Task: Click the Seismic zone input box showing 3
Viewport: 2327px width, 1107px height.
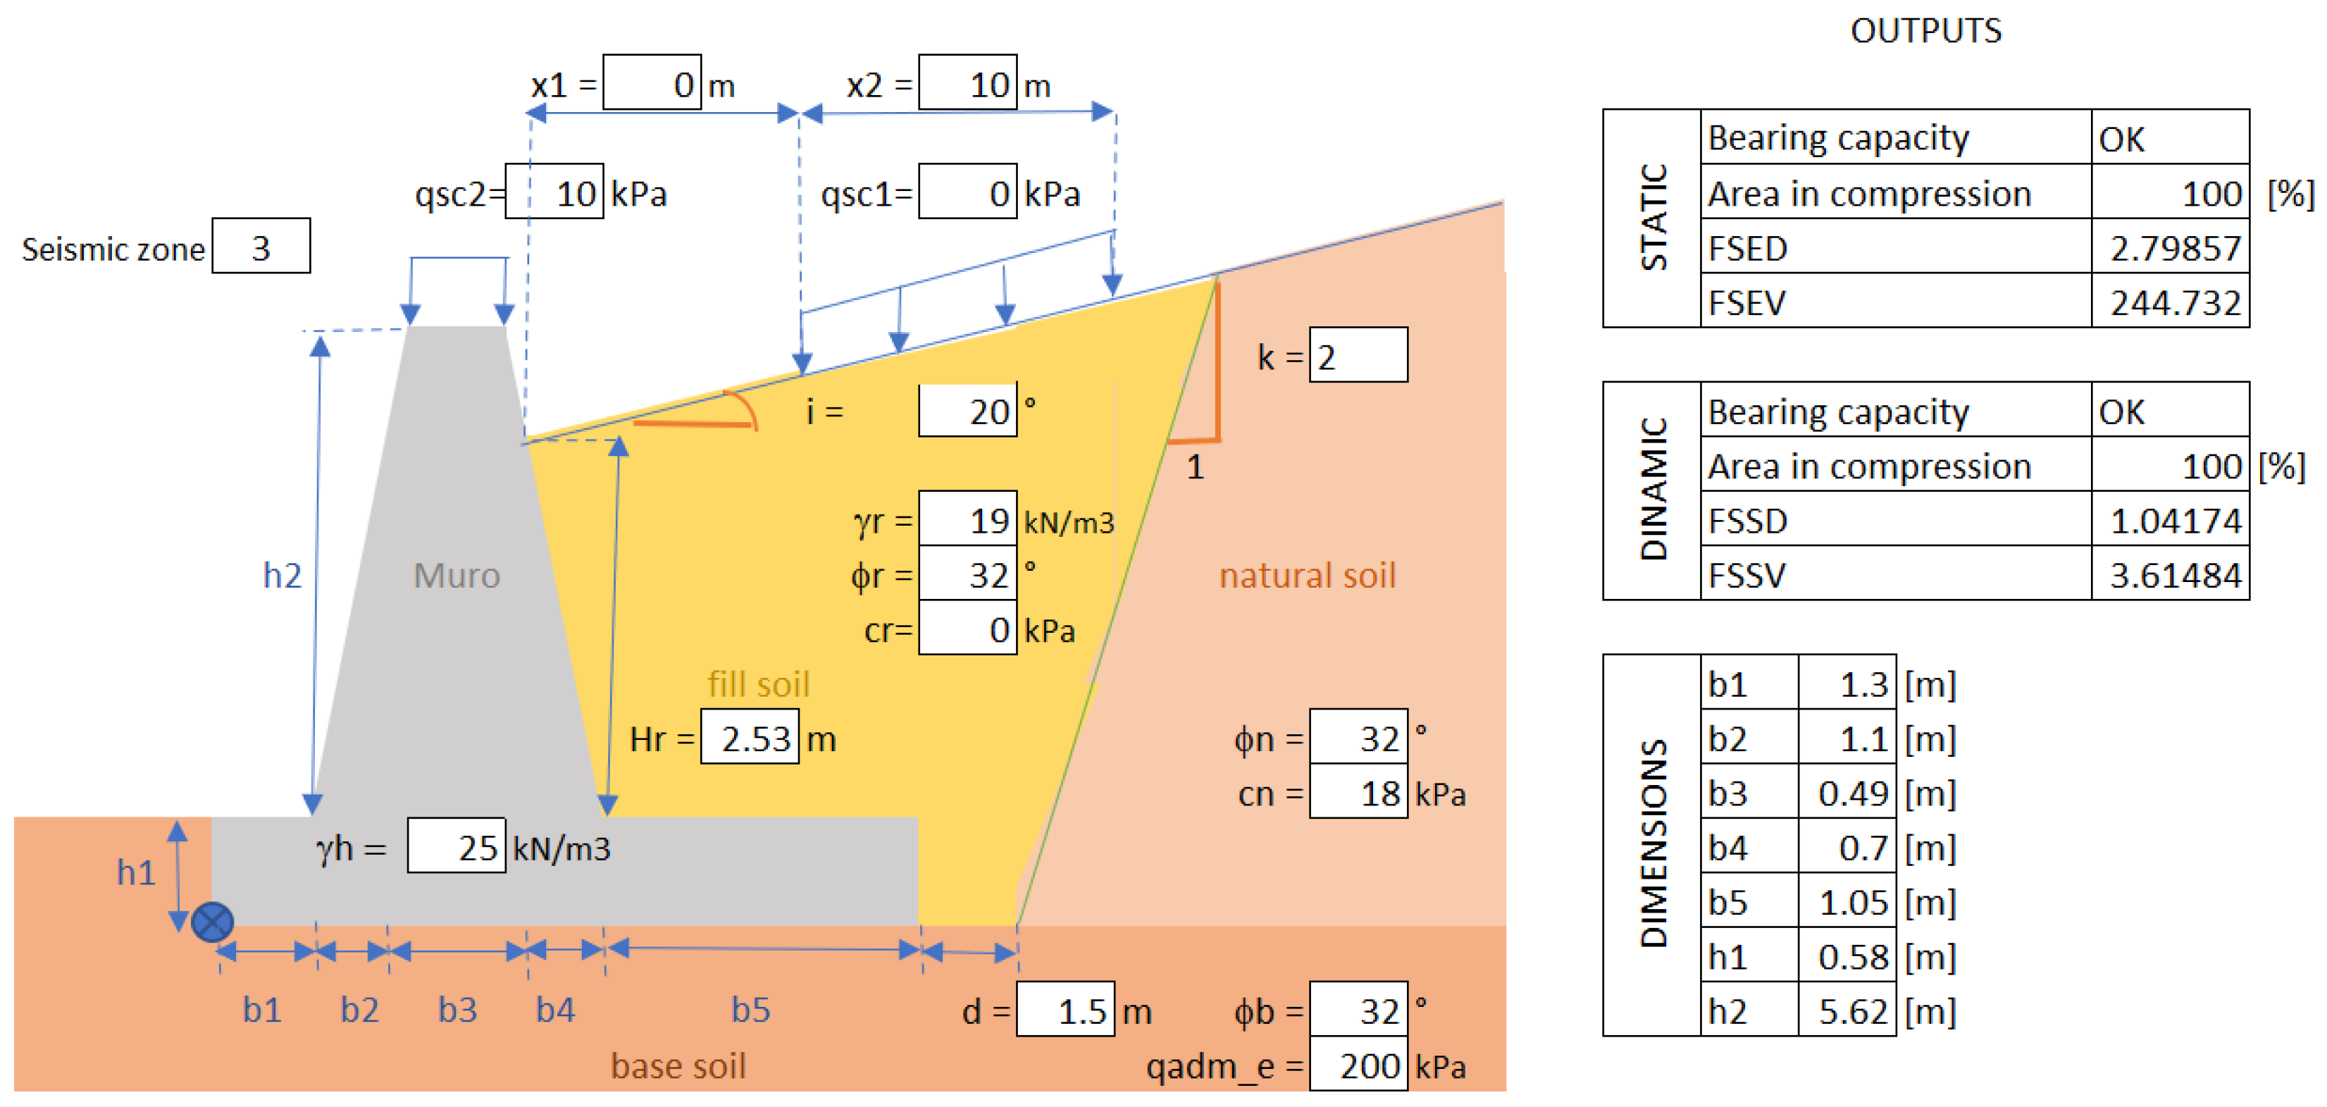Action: tap(261, 246)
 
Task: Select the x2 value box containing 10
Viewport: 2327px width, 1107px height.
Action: tap(967, 83)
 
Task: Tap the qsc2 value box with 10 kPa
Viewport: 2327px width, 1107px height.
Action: tap(554, 192)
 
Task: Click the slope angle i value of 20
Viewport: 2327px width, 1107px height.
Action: tap(967, 412)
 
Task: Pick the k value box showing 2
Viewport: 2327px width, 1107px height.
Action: tap(1358, 355)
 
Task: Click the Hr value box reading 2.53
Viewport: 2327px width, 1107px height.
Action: tap(750, 738)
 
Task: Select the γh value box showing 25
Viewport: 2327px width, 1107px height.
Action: tap(457, 847)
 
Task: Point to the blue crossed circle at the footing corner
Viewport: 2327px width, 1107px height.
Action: tap(213, 922)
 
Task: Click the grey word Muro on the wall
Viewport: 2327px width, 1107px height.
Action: tap(457, 576)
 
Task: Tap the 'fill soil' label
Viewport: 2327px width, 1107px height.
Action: tap(758, 684)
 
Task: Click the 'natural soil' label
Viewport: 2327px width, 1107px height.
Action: tap(1307, 576)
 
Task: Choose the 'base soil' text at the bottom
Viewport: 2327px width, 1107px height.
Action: tap(678, 1066)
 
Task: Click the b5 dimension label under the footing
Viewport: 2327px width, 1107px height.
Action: tap(751, 1009)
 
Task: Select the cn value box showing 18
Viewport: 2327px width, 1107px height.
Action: tap(1358, 793)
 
